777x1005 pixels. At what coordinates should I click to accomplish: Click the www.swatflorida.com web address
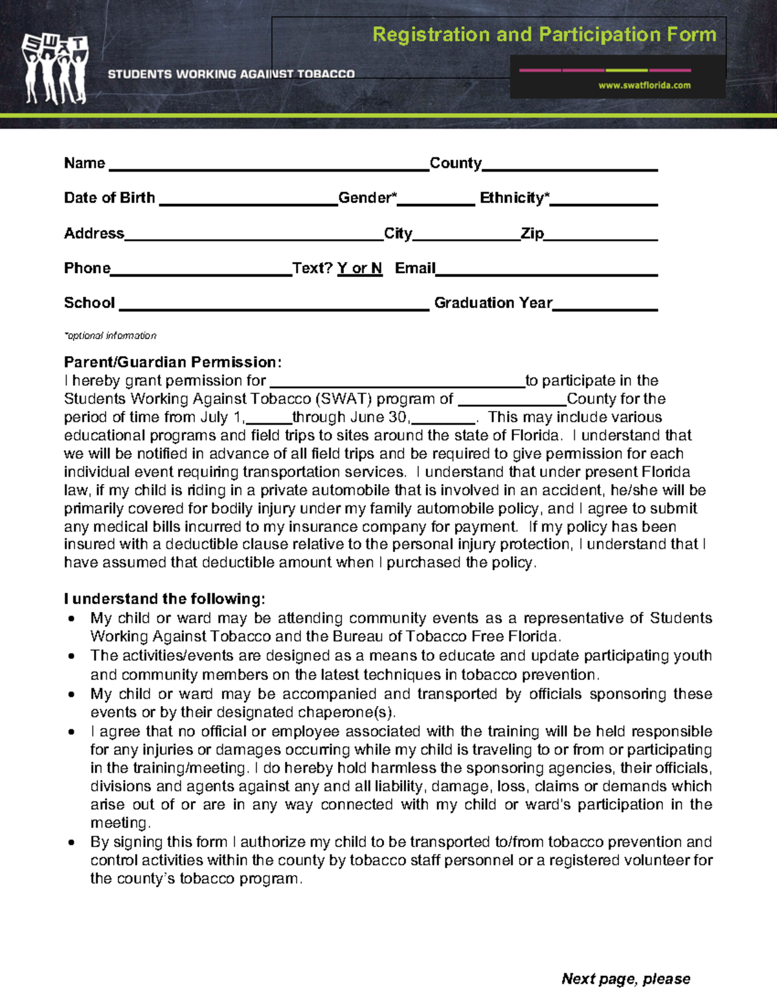tap(644, 85)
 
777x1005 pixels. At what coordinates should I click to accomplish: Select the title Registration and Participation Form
tap(544, 34)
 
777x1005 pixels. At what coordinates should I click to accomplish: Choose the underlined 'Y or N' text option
tap(359, 269)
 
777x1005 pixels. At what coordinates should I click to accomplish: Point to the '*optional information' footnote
tap(110, 336)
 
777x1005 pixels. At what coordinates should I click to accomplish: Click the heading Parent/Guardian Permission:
tap(173, 362)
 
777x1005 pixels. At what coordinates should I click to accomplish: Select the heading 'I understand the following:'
tap(164, 599)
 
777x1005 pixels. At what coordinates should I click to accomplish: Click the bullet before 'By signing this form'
tap(72, 843)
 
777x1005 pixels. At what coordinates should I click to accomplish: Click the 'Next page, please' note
tap(625, 978)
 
